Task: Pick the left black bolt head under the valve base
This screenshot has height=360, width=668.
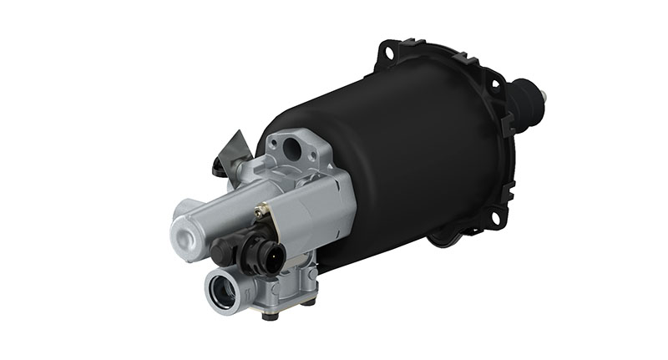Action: click(268, 316)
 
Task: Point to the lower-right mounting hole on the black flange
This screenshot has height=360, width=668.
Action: click(498, 219)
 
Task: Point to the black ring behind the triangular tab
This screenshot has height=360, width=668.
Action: click(219, 167)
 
